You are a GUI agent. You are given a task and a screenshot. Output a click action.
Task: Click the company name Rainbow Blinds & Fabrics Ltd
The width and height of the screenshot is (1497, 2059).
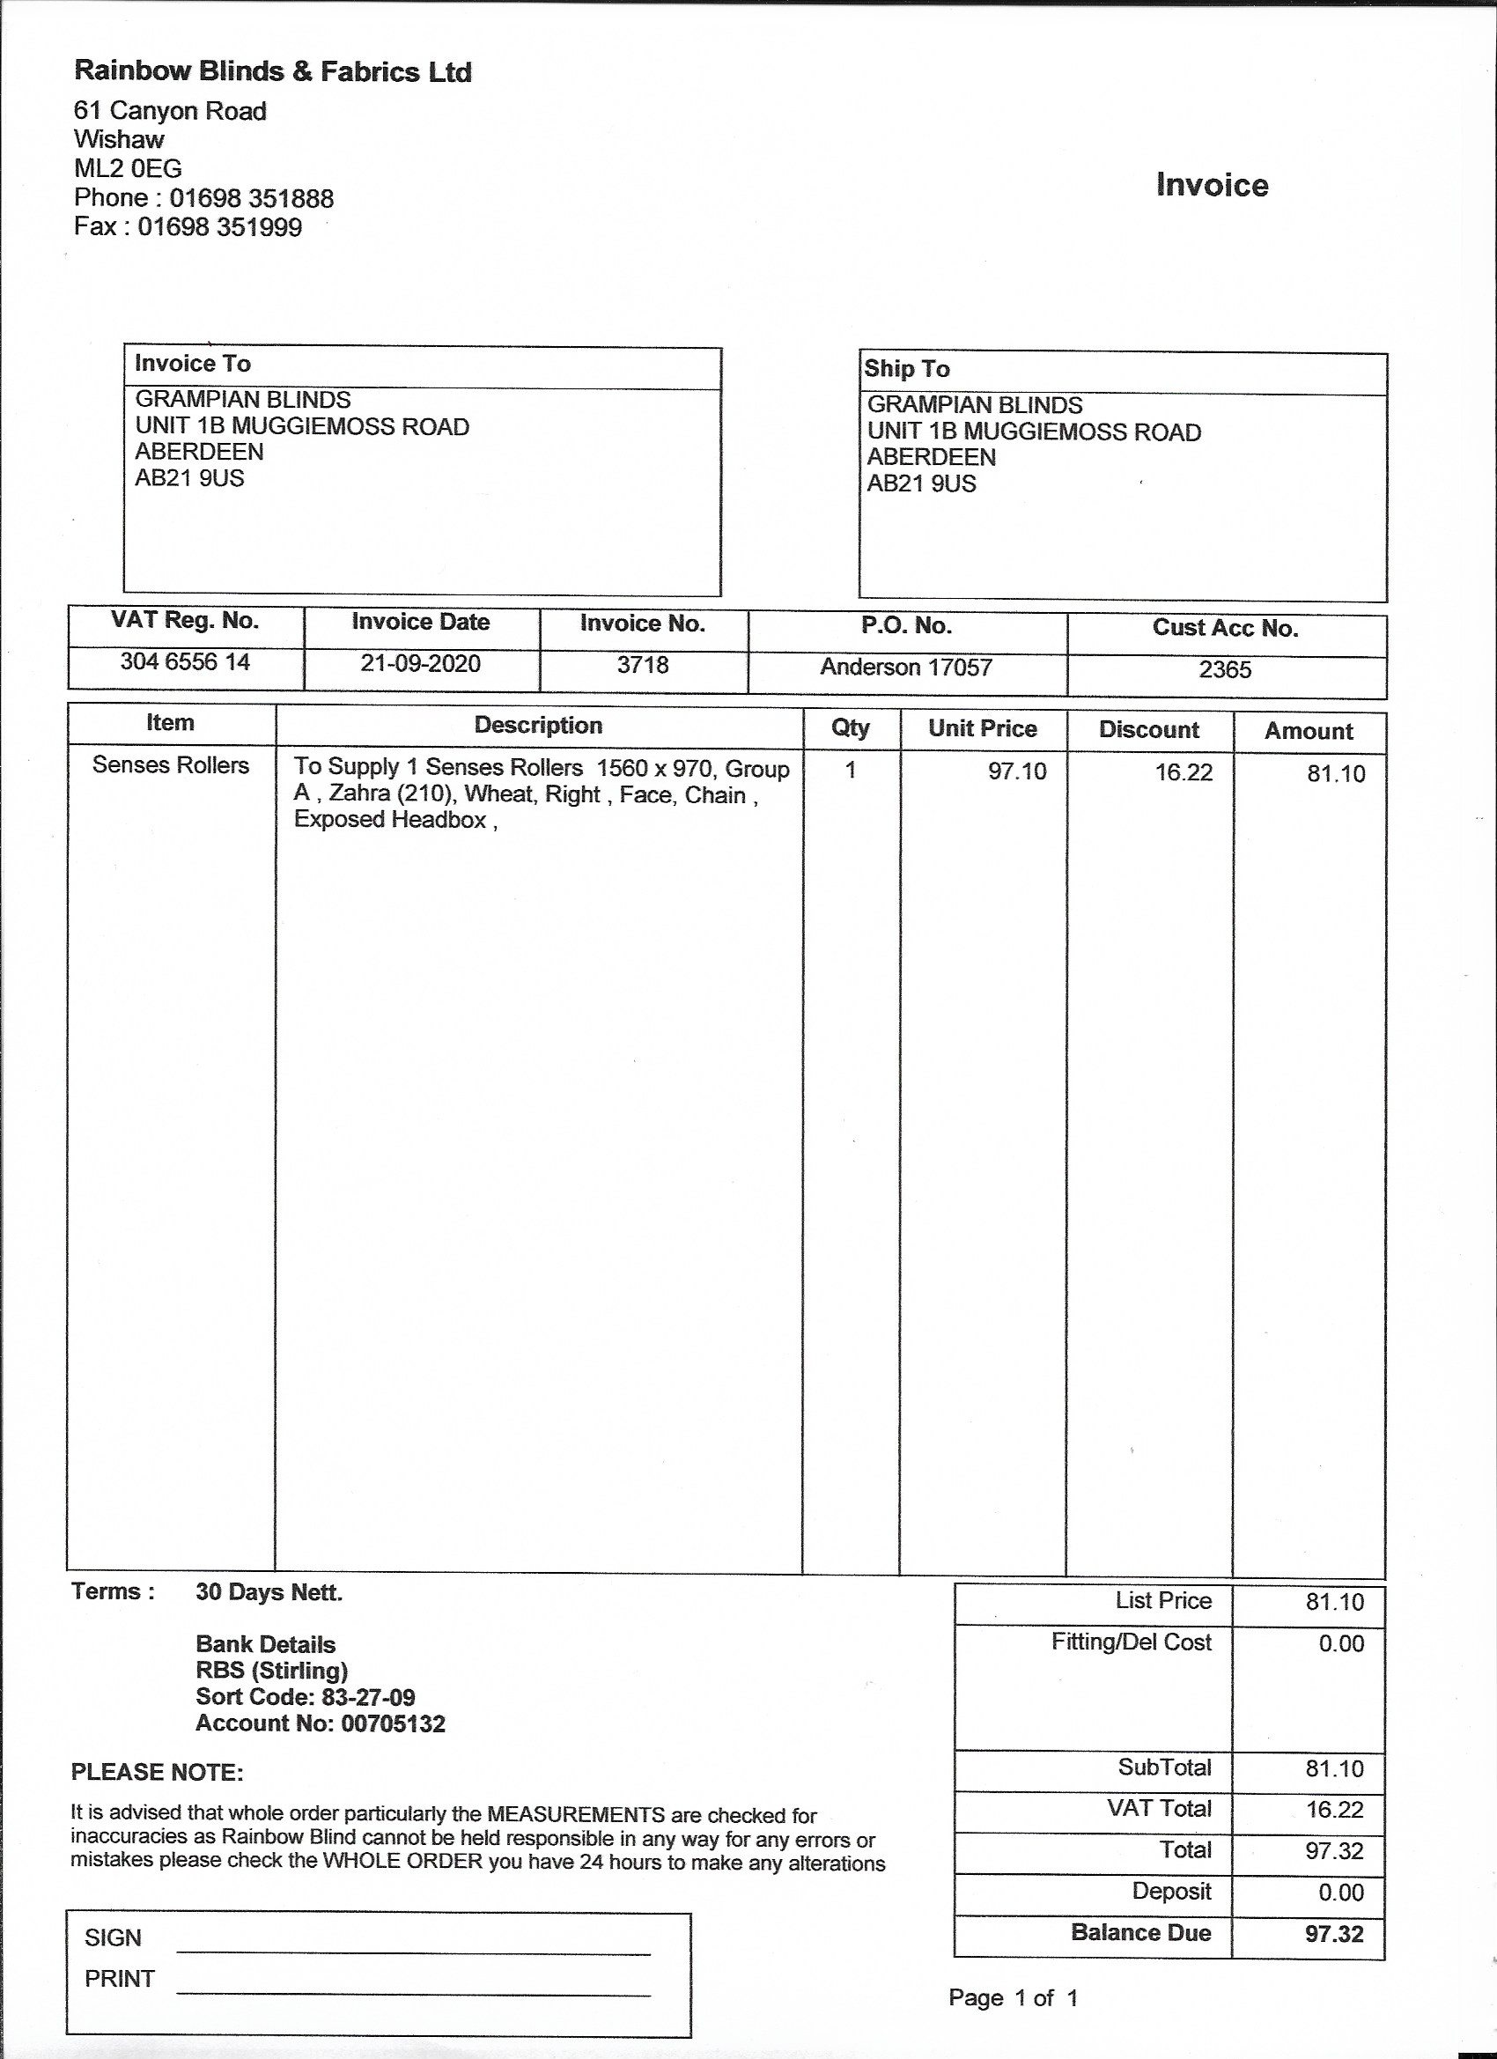tap(272, 71)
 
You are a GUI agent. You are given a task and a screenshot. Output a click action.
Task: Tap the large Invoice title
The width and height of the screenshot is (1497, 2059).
tap(1211, 185)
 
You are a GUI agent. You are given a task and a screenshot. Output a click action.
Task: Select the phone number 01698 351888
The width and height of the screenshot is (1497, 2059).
tap(252, 198)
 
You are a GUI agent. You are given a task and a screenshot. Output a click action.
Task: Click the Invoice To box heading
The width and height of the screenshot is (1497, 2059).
tap(193, 364)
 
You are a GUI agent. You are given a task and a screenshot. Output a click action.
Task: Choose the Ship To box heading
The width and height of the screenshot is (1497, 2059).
tap(907, 369)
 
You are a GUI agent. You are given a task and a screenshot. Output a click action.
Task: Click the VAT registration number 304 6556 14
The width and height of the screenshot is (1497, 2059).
tap(185, 662)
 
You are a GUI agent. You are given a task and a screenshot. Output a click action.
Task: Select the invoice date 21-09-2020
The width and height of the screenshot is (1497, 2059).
tap(420, 664)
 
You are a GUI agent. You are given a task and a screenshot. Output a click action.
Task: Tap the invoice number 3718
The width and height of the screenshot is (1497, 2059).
tap(643, 666)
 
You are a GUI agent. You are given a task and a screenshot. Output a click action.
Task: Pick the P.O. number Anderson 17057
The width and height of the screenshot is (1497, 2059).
tap(906, 668)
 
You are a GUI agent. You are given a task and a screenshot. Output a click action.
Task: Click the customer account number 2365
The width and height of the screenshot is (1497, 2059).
tap(1225, 670)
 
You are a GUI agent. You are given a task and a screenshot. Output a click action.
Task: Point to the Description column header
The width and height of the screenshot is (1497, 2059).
tap(538, 726)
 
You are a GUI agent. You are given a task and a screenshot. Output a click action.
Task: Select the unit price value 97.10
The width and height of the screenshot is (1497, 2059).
tap(1017, 771)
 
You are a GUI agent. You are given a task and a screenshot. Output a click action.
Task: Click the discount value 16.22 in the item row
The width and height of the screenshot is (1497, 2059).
tap(1183, 772)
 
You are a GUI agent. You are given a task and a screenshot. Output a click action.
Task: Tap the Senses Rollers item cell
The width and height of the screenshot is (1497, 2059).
tap(171, 765)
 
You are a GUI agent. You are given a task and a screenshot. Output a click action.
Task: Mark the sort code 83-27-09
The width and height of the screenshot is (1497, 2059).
tap(368, 1698)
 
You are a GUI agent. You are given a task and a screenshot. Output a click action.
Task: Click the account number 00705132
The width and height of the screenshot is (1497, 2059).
tap(393, 1724)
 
